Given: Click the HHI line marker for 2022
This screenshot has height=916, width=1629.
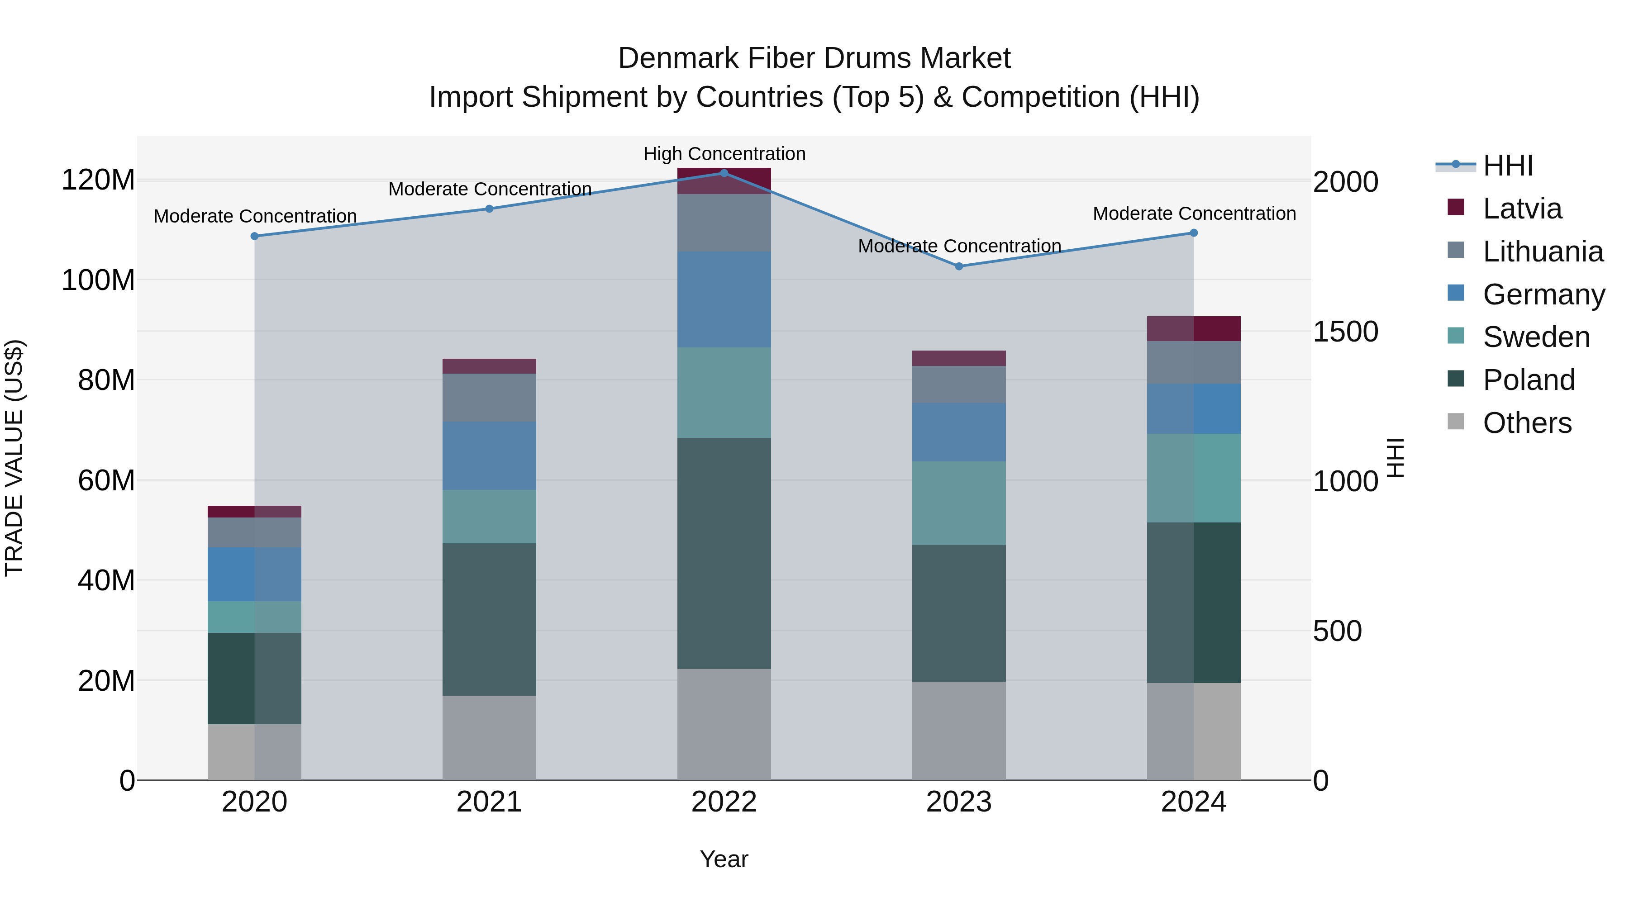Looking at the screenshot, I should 724,173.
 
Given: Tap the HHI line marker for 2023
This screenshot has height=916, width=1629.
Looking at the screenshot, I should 959,266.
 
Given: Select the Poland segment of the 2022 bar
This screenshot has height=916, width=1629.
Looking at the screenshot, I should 724,553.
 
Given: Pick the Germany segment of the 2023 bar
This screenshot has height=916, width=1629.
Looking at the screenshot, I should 959,432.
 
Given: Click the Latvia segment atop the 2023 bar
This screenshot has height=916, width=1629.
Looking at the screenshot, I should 959,358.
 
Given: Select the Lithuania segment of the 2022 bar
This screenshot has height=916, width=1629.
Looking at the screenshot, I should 724,223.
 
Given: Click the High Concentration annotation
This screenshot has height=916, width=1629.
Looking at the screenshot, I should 724,154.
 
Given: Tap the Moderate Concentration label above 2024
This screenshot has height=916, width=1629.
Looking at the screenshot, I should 1194,214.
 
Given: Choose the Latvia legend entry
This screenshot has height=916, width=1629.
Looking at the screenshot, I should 1521,209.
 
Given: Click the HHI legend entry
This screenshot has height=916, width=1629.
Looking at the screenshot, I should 1508,166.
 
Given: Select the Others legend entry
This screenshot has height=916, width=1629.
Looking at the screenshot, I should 1527,423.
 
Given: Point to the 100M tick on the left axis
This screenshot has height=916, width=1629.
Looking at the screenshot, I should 98,280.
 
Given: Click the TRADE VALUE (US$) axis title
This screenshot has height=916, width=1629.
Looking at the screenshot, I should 14,458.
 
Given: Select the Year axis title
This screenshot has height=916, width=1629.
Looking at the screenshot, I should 724,859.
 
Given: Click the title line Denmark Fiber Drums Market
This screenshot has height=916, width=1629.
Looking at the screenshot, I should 814,58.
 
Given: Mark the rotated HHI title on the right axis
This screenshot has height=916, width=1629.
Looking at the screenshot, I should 1395,458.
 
